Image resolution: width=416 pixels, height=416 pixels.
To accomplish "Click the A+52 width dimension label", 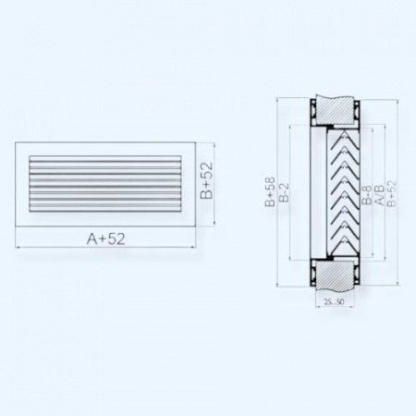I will coord(106,239).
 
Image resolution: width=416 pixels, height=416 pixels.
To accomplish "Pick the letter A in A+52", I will coord(92,239).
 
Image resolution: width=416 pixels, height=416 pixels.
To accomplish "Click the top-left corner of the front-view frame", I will coord(17,142).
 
